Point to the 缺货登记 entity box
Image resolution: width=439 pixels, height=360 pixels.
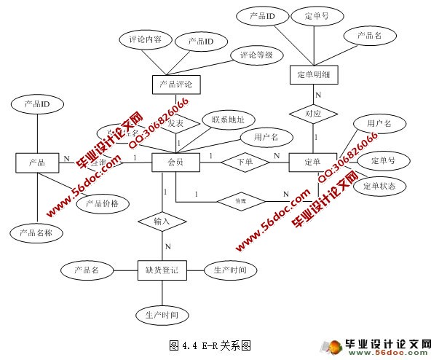162,270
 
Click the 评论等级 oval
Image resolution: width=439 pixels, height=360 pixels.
256,55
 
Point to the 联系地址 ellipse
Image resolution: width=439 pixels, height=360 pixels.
228,120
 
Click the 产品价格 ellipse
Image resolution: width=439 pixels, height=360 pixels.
102,203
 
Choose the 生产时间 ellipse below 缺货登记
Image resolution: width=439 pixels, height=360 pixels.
162,315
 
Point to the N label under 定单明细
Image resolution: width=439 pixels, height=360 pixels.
318,95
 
